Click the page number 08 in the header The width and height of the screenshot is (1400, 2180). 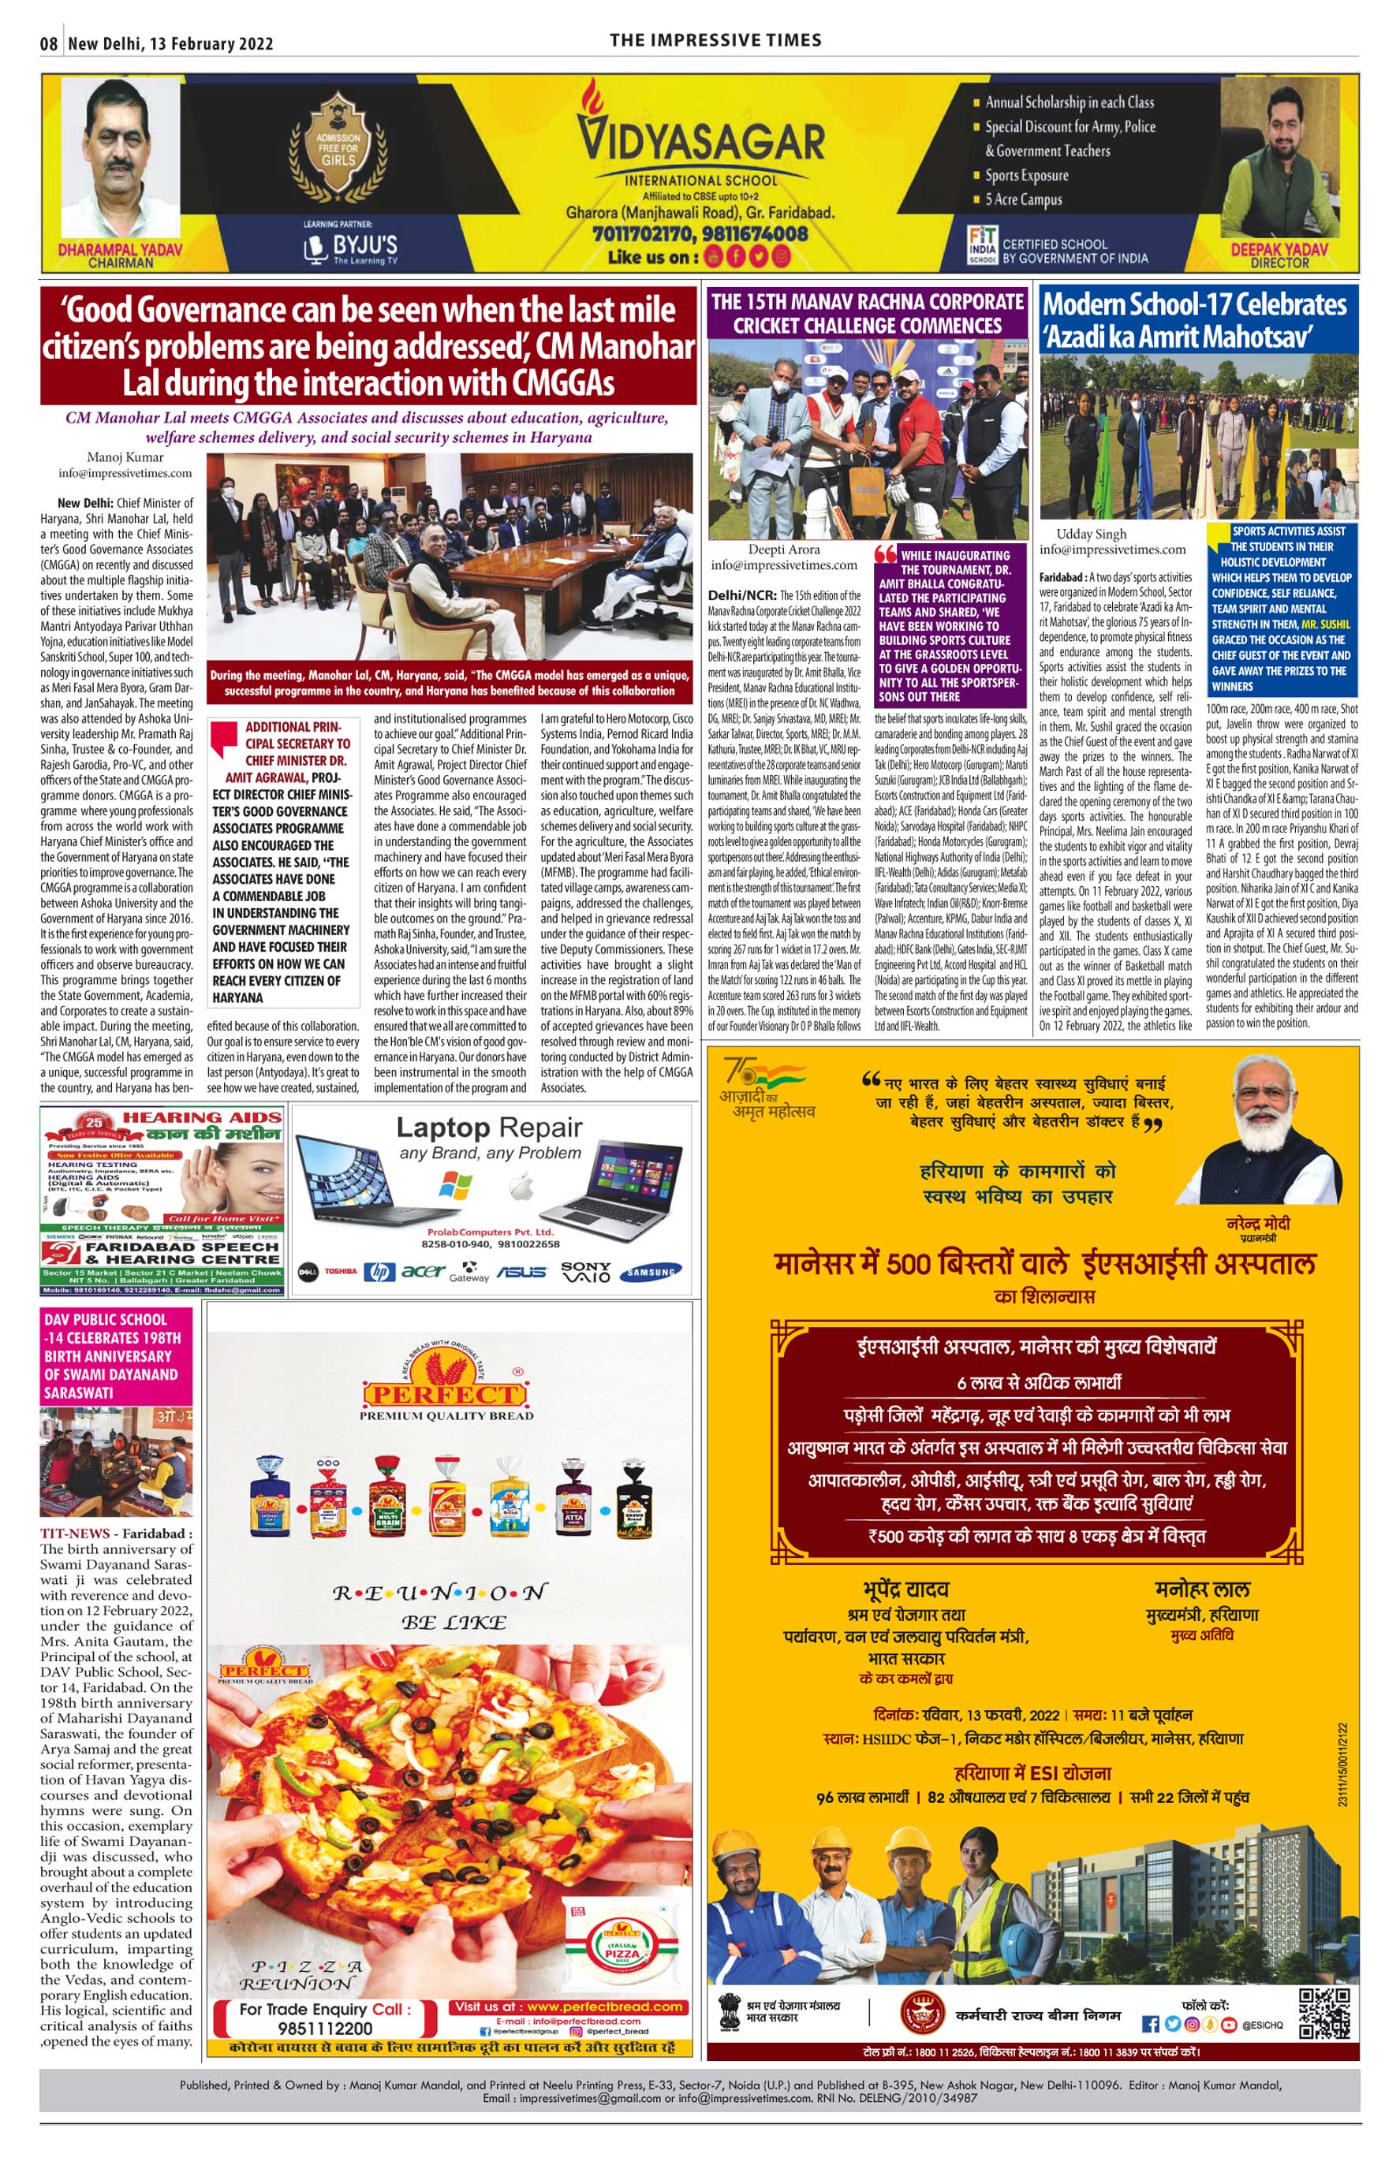[49, 43]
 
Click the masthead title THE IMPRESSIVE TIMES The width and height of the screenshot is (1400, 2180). [715, 40]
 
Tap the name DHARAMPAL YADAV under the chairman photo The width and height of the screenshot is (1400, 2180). [120, 249]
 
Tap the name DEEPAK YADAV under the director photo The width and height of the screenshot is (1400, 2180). [1279, 249]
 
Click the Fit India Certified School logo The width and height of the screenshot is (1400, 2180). [982, 245]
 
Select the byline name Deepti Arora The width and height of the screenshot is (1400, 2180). [784, 549]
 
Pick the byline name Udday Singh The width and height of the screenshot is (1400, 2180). [1091, 534]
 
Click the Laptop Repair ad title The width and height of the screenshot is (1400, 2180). [489, 1127]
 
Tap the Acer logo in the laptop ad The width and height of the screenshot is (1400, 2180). [423, 1271]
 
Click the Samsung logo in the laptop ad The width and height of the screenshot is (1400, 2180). [651, 1273]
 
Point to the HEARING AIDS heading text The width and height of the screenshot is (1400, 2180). [202, 1117]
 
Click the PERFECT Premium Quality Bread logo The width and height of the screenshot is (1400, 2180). [446, 1394]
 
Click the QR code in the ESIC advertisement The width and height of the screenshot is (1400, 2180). [1323, 2012]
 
